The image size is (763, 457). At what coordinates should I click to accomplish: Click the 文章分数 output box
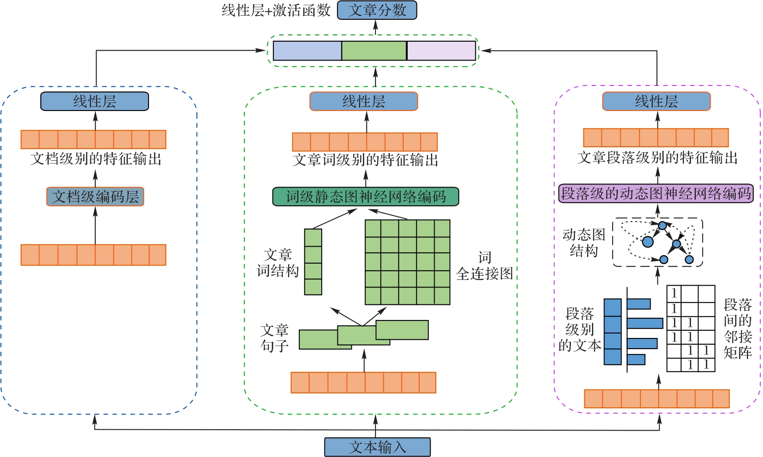pyautogui.click(x=377, y=10)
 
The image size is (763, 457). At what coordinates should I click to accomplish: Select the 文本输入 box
pyautogui.click(x=377, y=447)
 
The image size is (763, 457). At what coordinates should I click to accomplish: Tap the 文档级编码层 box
pyautogui.click(x=95, y=196)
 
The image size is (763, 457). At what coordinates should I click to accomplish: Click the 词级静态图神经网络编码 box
pyautogui.click(x=366, y=196)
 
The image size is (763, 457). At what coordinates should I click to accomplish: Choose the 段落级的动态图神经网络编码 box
pyautogui.click(x=656, y=193)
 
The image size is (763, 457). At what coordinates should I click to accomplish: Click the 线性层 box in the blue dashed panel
pyautogui.click(x=94, y=101)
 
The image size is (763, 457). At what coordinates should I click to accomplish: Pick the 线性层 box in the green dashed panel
pyautogui.click(x=363, y=101)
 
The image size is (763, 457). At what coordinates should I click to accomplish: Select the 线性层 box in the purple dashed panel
pyautogui.click(x=656, y=101)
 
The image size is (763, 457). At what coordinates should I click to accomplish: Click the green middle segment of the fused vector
pyautogui.click(x=374, y=51)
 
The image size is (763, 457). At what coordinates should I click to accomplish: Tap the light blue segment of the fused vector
pyautogui.click(x=307, y=51)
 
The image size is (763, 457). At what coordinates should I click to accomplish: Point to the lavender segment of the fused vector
pyautogui.click(x=441, y=51)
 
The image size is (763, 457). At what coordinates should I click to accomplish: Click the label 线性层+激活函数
pyautogui.click(x=276, y=10)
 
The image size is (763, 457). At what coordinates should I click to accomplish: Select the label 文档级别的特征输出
pyautogui.click(x=96, y=159)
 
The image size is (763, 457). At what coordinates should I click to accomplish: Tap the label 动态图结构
pyautogui.click(x=584, y=243)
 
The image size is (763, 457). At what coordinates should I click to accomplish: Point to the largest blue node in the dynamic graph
pyautogui.click(x=648, y=242)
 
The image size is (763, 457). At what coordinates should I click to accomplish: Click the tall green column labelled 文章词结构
pyautogui.click(x=313, y=262)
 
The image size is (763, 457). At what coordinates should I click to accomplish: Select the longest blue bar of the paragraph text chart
pyautogui.click(x=645, y=323)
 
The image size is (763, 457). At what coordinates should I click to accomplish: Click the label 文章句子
pyautogui.click(x=274, y=338)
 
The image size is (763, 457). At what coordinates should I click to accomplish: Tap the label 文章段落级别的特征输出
pyautogui.click(x=657, y=158)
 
